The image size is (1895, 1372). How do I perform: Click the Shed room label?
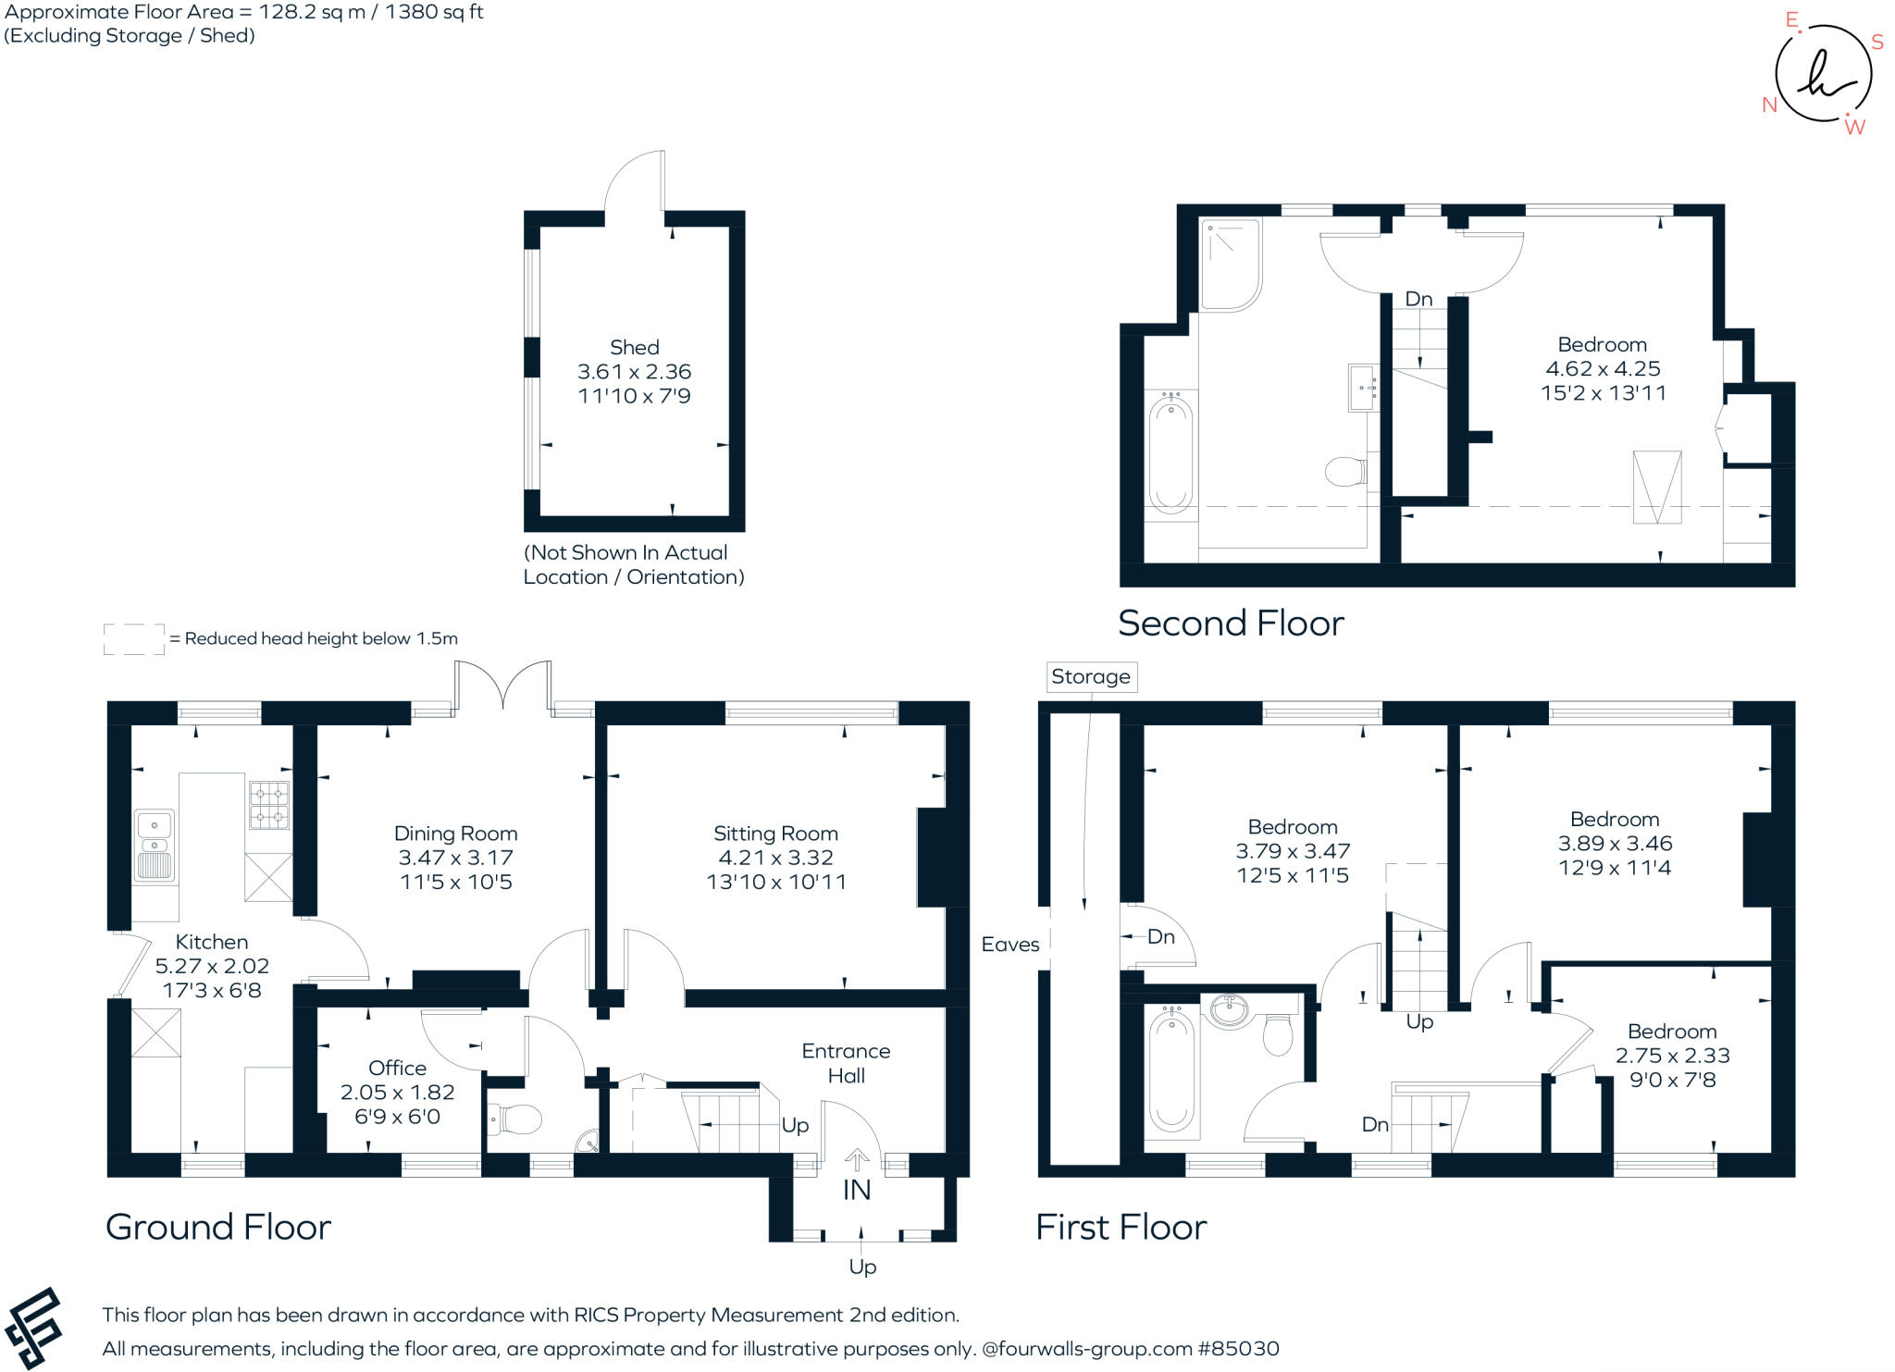634,348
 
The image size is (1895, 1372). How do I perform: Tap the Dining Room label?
455,834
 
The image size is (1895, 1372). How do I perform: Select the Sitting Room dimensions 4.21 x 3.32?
775,858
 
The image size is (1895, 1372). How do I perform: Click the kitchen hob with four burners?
269,805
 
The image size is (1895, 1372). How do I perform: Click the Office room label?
397,1068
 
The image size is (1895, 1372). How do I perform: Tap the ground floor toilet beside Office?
514,1121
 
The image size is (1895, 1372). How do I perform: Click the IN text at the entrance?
857,1190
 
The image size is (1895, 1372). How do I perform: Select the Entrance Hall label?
846,1063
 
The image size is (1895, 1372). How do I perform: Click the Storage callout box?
1090,676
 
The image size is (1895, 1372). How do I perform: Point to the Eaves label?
1010,945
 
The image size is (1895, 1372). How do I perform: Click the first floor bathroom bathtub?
1170,1073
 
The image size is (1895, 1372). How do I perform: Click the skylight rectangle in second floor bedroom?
1656,487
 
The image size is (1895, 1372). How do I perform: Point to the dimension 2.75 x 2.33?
1672,1056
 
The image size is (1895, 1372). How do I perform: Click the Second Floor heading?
1230,624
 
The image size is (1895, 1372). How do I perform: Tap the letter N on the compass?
1769,105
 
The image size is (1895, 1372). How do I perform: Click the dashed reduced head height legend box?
133,639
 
